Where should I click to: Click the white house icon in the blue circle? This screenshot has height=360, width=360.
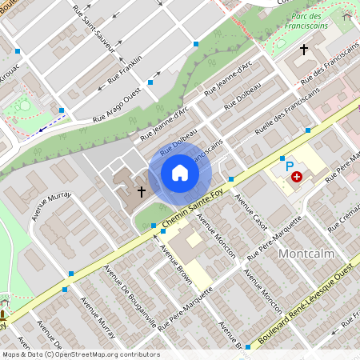(180, 173)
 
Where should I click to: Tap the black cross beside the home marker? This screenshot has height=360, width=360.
(142, 192)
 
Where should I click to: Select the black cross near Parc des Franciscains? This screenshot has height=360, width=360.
(303, 50)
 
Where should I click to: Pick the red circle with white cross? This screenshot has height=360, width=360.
(297, 176)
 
